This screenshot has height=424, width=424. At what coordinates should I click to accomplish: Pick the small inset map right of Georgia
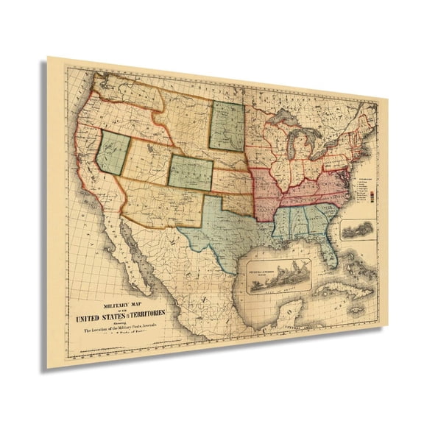click(x=358, y=230)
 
